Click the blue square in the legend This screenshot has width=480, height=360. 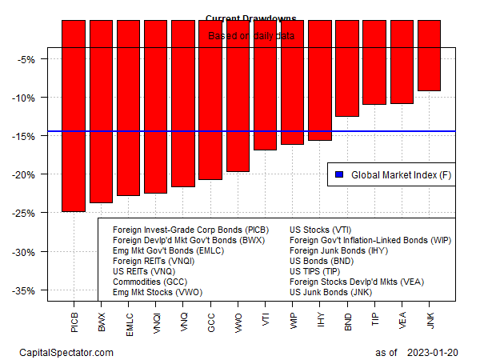339,174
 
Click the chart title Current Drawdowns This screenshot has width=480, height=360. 250,18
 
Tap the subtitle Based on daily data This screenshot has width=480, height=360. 250,35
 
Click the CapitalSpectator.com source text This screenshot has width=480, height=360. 66,352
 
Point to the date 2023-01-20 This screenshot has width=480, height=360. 431,352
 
